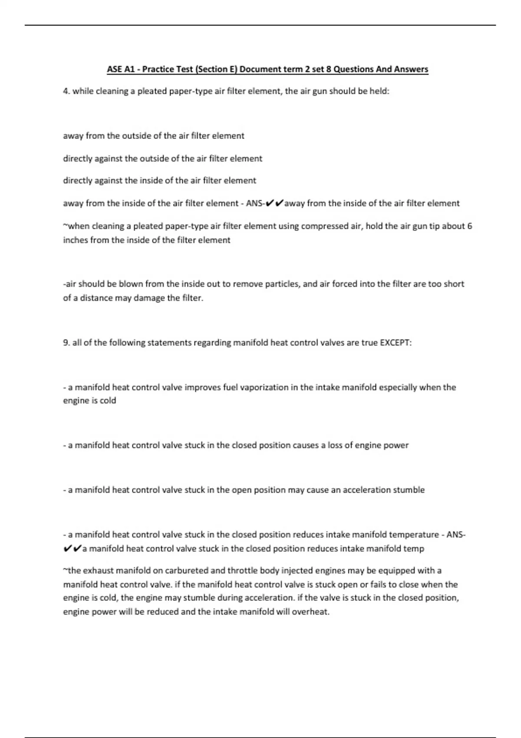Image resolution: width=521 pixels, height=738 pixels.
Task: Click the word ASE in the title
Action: [x=115, y=69]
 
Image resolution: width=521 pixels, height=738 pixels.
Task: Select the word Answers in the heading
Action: [x=411, y=69]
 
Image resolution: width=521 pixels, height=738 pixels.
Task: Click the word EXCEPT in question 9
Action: [x=396, y=343]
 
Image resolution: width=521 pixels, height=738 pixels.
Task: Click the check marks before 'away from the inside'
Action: [x=274, y=203]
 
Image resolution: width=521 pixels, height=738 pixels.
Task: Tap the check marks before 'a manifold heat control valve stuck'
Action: [x=72, y=549]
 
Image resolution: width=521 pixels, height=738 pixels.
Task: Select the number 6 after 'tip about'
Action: [x=469, y=226]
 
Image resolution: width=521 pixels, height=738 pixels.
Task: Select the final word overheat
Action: [x=312, y=612]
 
